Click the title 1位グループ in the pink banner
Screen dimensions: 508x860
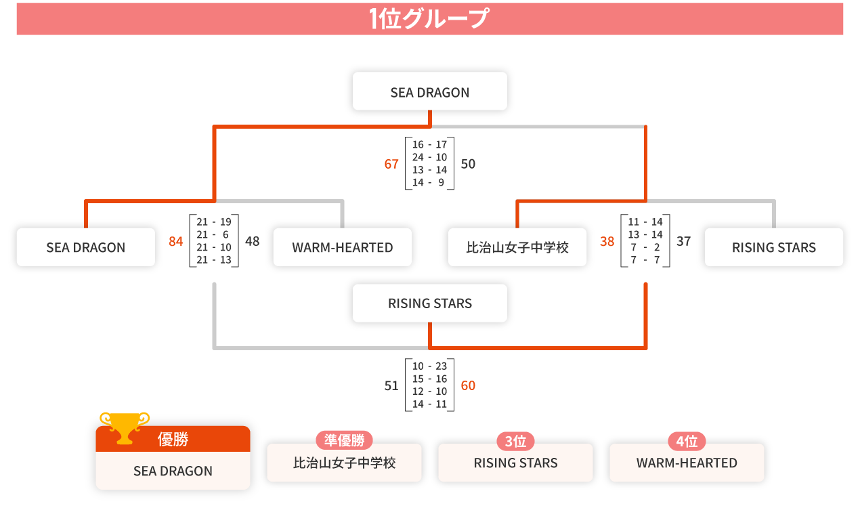[429, 19]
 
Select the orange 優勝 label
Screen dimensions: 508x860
[173, 440]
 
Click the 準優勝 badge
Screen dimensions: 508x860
[344, 441]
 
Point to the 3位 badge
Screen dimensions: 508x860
[515, 442]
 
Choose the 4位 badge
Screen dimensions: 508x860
[687, 442]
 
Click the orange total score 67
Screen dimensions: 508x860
[391, 164]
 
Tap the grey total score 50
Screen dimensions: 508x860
[468, 164]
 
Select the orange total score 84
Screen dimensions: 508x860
[176, 241]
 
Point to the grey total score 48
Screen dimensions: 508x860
[253, 241]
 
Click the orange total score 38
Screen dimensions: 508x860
[607, 241]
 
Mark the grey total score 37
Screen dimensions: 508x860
[684, 241]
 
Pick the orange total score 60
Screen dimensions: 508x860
[468, 385]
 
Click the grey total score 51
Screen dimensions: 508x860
[391, 385]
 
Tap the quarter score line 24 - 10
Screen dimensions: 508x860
[429, 157]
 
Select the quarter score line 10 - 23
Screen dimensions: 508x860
[429, 366]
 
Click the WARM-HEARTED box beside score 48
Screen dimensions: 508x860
[342, 247]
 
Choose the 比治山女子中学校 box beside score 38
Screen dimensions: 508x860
[517, 247]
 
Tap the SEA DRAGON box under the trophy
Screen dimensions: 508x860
[173, 471]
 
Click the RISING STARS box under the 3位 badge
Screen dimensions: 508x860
[515, 463]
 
